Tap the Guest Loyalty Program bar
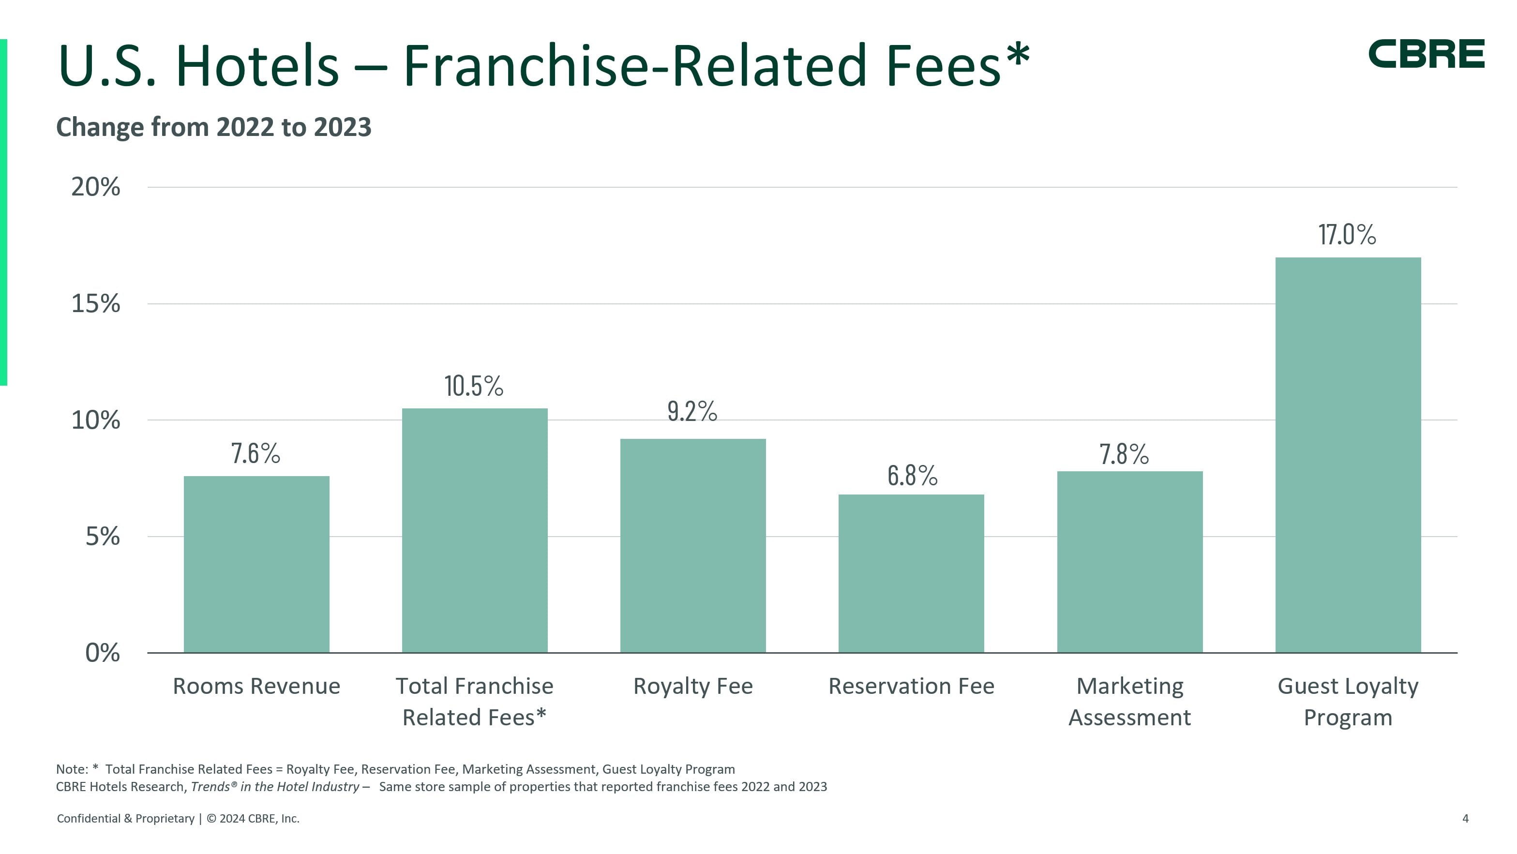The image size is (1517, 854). (x=1348, y=455)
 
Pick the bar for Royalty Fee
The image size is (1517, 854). (x=692, y=545)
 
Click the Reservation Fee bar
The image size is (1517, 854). (x=911, y=573)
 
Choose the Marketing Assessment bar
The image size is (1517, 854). (x=1129, y=561)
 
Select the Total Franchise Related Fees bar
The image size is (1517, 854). (x=474, y=530)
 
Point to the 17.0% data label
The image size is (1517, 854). (x=1347, y=234)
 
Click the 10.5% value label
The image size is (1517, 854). (x=473, y=387)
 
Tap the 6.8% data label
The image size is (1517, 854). (x=912, y=475)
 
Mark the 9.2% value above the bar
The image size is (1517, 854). (x=692, y=411)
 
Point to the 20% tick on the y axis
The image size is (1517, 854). (x=95, y=187)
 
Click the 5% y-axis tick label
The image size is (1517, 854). (x=103, y=537)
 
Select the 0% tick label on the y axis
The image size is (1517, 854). (x=103, y=653)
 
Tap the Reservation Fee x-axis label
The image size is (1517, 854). (x=911, y=686)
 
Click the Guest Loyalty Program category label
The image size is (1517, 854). (x=1348, y=702)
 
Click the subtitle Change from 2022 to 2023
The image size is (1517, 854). (x=214, y=127)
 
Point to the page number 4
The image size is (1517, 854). (x=1465, y=819)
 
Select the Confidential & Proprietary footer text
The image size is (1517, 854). (x=125, y=819)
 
